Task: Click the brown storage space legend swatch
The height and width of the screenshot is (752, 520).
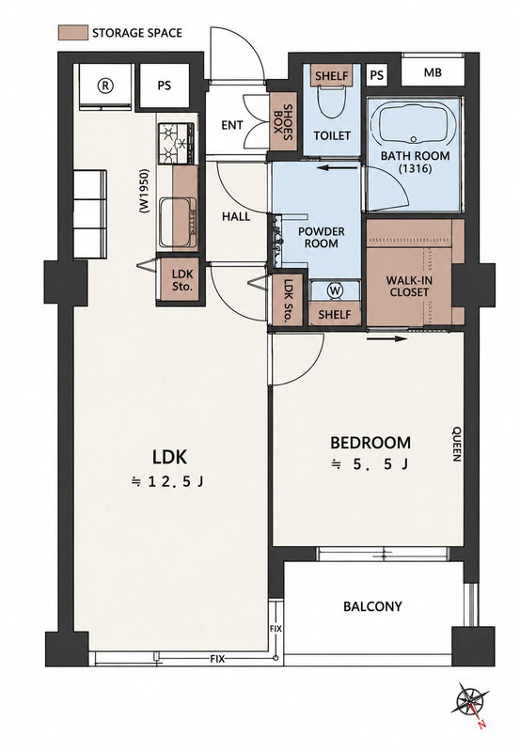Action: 73,33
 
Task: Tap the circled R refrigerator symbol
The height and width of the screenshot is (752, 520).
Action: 105,86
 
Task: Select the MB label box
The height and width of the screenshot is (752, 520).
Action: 433,72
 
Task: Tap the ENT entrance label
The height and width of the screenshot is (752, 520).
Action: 231,125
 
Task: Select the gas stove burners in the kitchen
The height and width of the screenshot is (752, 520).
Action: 177,144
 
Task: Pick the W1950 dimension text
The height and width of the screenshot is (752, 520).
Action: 144,191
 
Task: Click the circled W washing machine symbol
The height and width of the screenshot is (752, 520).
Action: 335,290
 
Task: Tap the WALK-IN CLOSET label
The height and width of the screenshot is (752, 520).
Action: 409,286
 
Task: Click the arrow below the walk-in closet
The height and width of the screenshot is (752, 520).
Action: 386,339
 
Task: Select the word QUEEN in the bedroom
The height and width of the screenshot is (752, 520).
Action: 457,444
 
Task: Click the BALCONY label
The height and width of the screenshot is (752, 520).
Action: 372,606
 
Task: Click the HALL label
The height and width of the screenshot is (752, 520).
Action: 236,216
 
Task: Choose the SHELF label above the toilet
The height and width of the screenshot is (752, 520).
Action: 332,76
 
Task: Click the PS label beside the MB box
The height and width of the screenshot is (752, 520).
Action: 377,75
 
